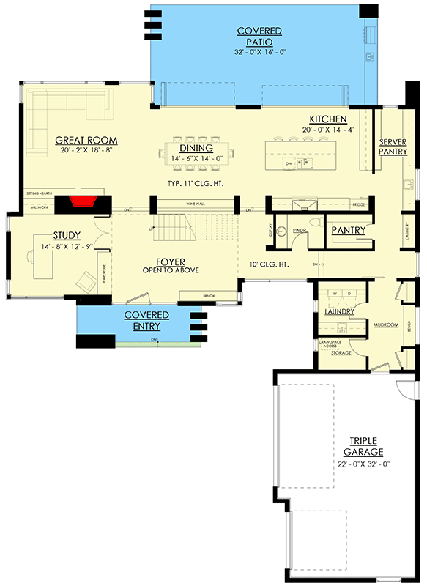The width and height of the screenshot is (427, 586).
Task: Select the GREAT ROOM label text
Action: pos(86,141)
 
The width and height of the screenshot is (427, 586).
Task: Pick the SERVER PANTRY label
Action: pos(393,146)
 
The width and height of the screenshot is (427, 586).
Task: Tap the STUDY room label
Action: pos(65,235)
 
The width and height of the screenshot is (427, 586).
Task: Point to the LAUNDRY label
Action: pos(339,311)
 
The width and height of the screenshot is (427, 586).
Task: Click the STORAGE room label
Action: pos(341,353)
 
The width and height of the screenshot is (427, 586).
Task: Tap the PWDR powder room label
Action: pos(299,230)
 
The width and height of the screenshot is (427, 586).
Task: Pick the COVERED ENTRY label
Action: pos(146,320)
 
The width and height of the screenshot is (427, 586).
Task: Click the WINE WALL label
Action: pos(195,202)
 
